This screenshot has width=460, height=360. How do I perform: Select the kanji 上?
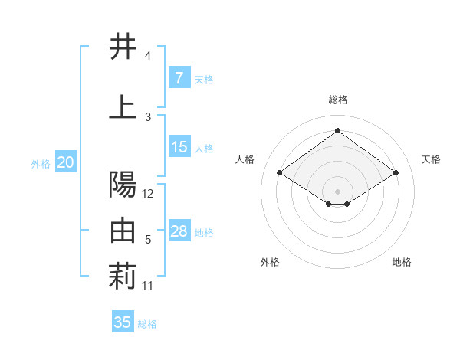pos(123,107)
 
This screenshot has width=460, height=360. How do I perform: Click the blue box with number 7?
pos(179,77)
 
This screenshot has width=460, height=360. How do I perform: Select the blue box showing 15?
pos(179,147)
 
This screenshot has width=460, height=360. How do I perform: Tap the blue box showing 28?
pos(179,231)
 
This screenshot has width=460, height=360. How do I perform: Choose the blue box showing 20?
pos(66,162)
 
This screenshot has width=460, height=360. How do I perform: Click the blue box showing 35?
pos(123,322)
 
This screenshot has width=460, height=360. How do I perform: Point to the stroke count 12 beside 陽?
pos(148,194)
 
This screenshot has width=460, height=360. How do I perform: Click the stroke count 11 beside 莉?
pos(148,286)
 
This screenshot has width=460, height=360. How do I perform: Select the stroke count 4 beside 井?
pos(148,56)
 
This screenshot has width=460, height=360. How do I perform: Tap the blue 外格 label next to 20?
pos(41,163)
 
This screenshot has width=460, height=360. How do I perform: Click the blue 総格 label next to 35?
pos(147,324)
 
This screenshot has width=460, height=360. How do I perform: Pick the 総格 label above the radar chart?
pos(338,100)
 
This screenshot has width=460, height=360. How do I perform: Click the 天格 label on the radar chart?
pos(431,159)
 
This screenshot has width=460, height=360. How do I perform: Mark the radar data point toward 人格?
pos(280,173)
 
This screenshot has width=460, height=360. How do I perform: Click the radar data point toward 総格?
pos(337,131)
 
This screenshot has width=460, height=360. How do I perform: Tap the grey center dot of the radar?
pos(337,190)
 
